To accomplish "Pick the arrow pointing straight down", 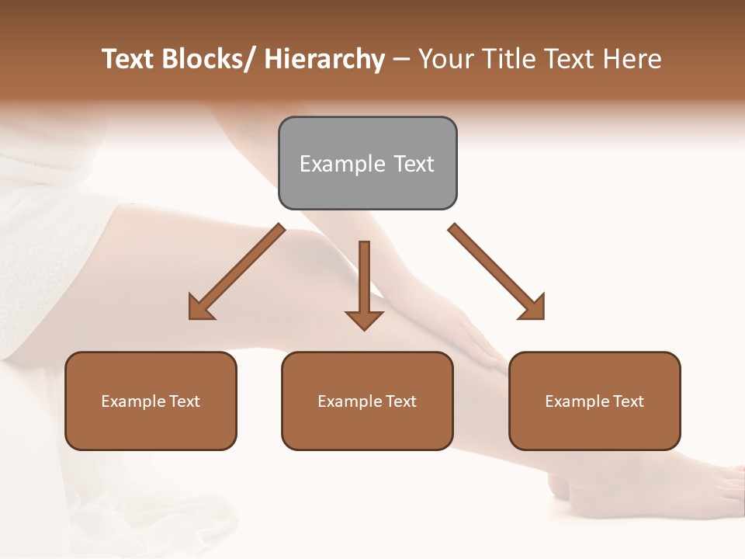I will pos(364,283).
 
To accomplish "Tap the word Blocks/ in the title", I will pos(205,59).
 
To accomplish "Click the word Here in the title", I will pos(634,59).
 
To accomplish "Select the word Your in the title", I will pos(445,59).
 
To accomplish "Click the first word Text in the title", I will pos(126,59).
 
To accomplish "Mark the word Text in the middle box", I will pos(401,401).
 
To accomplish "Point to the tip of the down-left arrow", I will pos(192,317).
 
